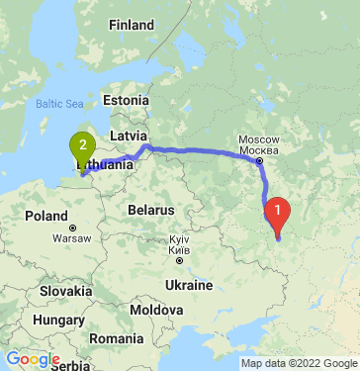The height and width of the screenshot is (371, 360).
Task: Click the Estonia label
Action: tap(125, 100)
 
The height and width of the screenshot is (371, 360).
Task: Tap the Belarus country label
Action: tap(150, 211)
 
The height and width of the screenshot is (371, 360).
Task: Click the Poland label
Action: tap(45, 216)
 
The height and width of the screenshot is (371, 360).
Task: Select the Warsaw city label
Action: tap(71, 238)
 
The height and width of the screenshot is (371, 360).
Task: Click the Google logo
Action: tap(33, 359)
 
